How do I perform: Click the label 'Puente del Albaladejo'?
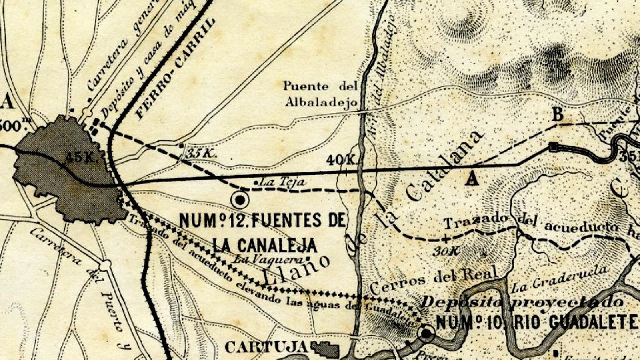(321, 94)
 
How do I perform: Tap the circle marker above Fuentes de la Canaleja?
(240, 199)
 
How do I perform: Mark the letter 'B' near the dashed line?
(558, 115)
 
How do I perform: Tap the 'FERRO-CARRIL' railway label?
(175, 69)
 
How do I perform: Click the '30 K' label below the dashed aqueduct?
(446, 251)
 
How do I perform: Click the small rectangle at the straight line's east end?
(554, 147)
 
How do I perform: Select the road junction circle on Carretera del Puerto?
(105, 265)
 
